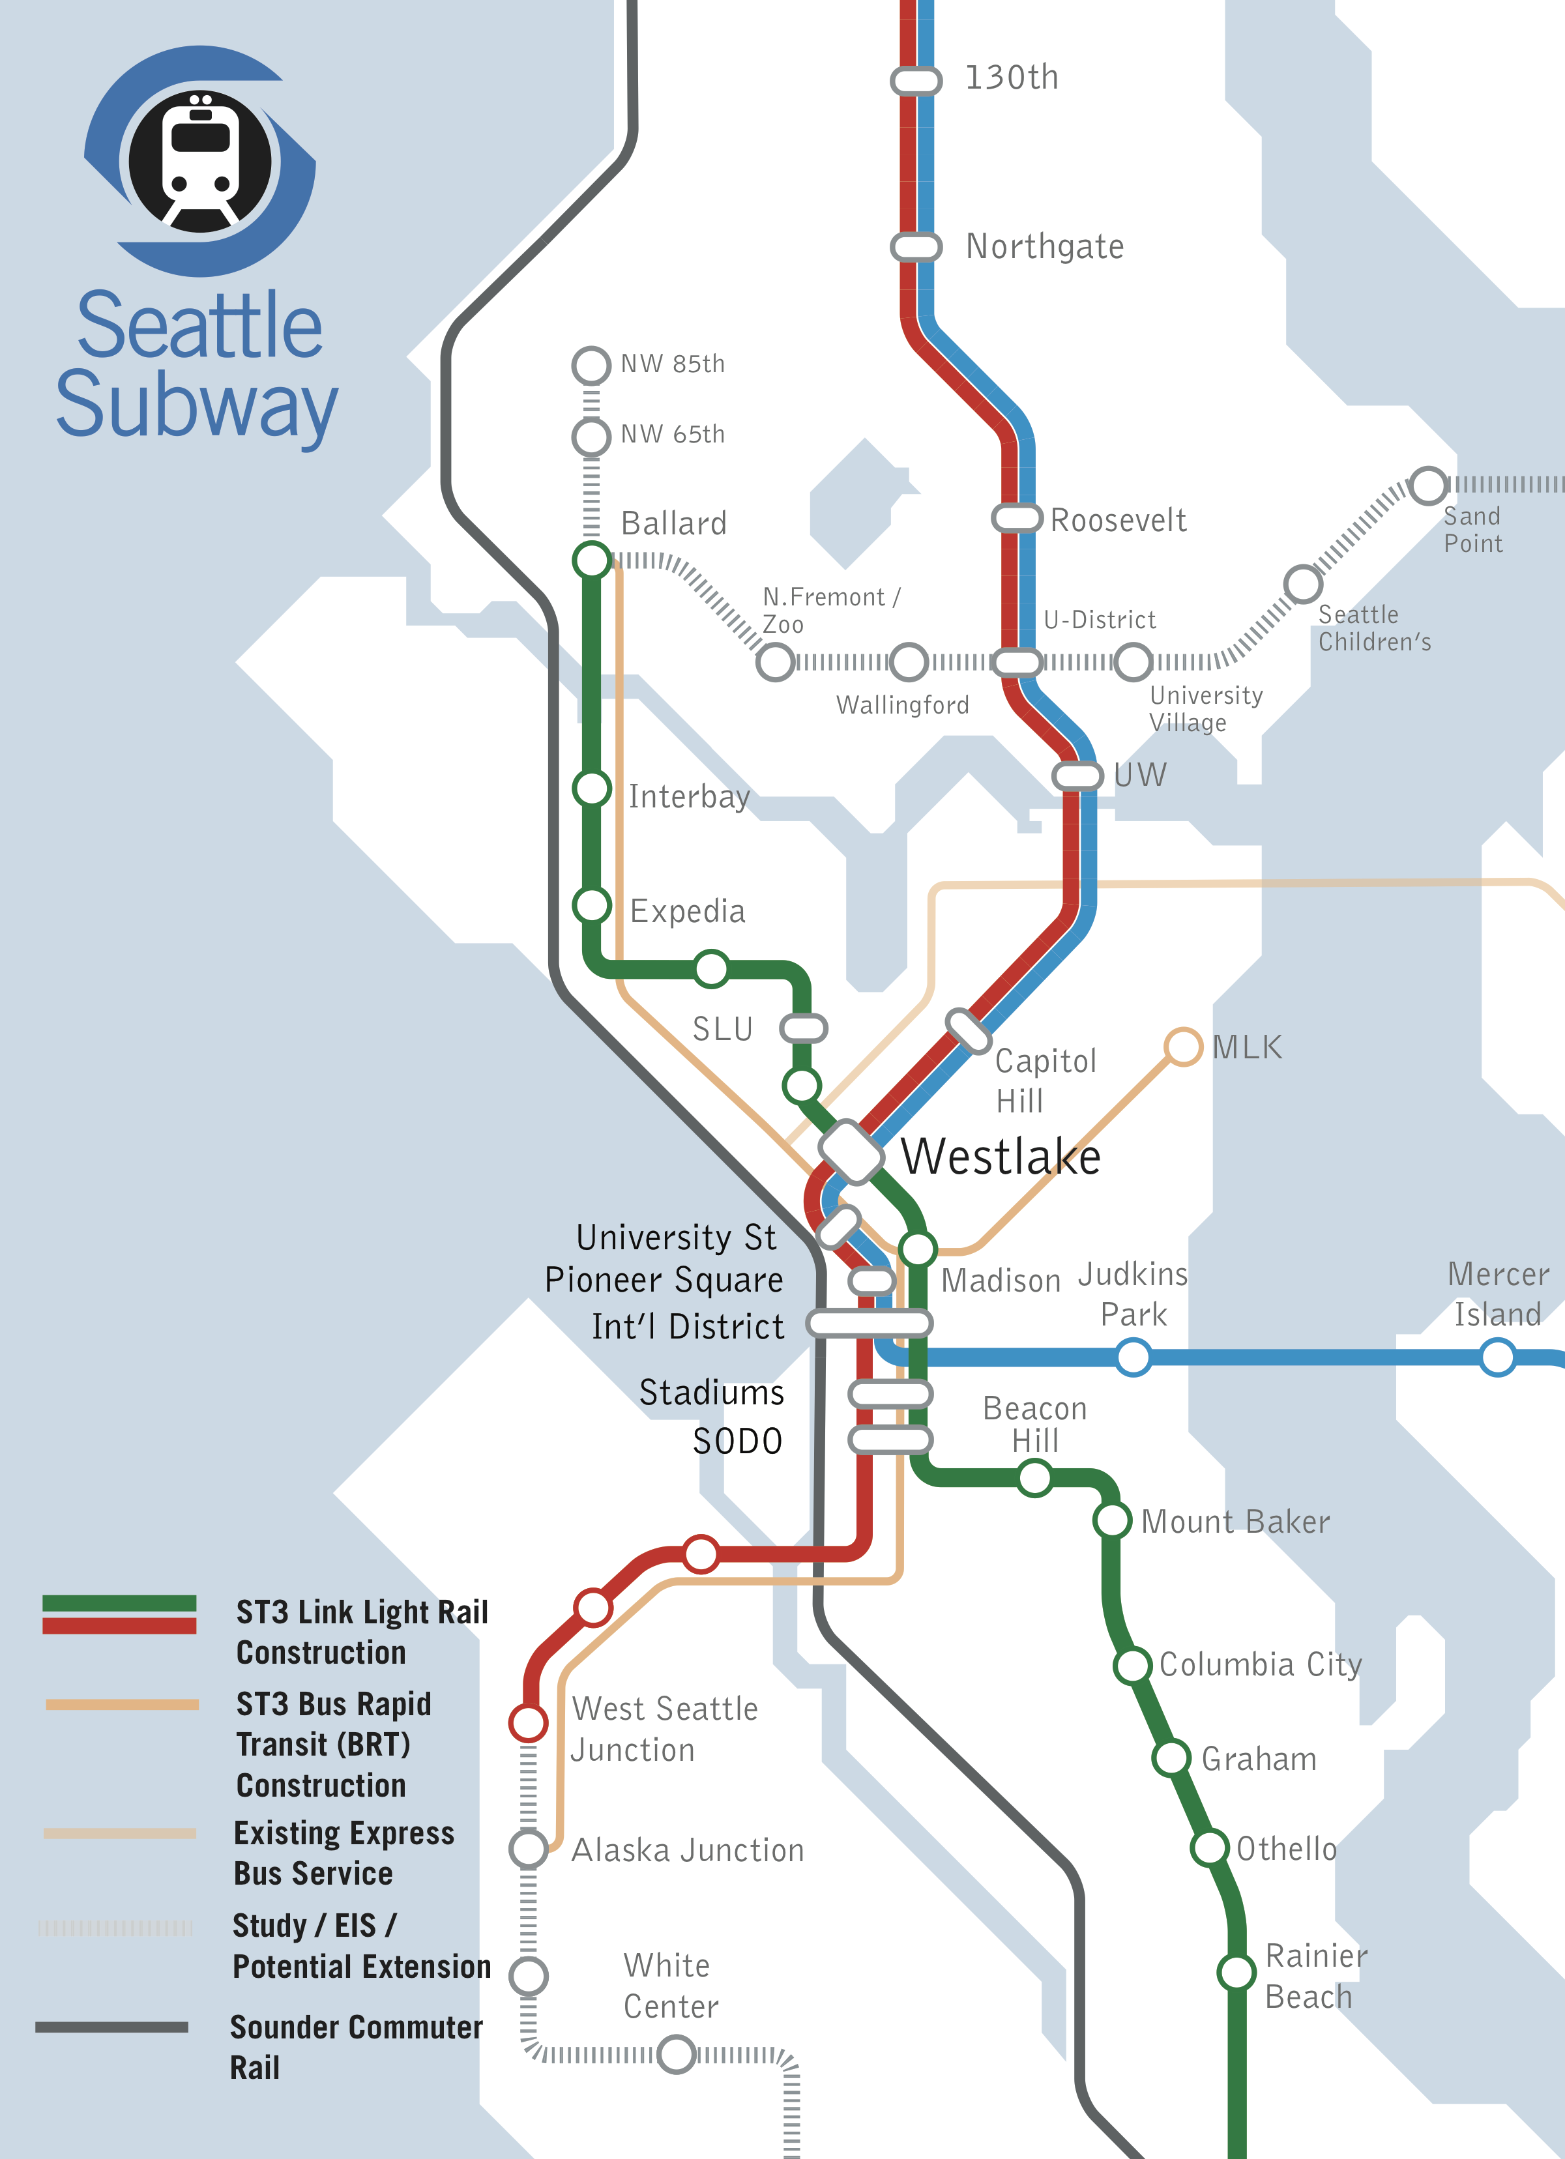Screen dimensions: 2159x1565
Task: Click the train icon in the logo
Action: [200, 162]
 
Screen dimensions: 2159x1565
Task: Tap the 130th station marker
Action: [916, 81]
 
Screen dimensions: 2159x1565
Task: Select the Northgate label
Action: [1044, 246]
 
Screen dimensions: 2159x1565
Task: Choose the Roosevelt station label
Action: [1118, 520]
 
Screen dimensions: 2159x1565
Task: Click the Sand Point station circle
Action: [1428, 485]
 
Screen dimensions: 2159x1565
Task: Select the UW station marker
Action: [1077, 775]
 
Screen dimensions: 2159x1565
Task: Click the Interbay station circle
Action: [591, 789]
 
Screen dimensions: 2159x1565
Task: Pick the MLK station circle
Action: [1182, 1046]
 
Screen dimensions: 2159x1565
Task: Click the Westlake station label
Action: [1001, 1157]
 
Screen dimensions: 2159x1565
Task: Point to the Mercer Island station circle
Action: [1497, 1357]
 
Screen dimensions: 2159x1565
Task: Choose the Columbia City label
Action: [1259, 1664]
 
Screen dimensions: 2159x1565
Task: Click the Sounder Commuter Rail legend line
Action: [112, 2027]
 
